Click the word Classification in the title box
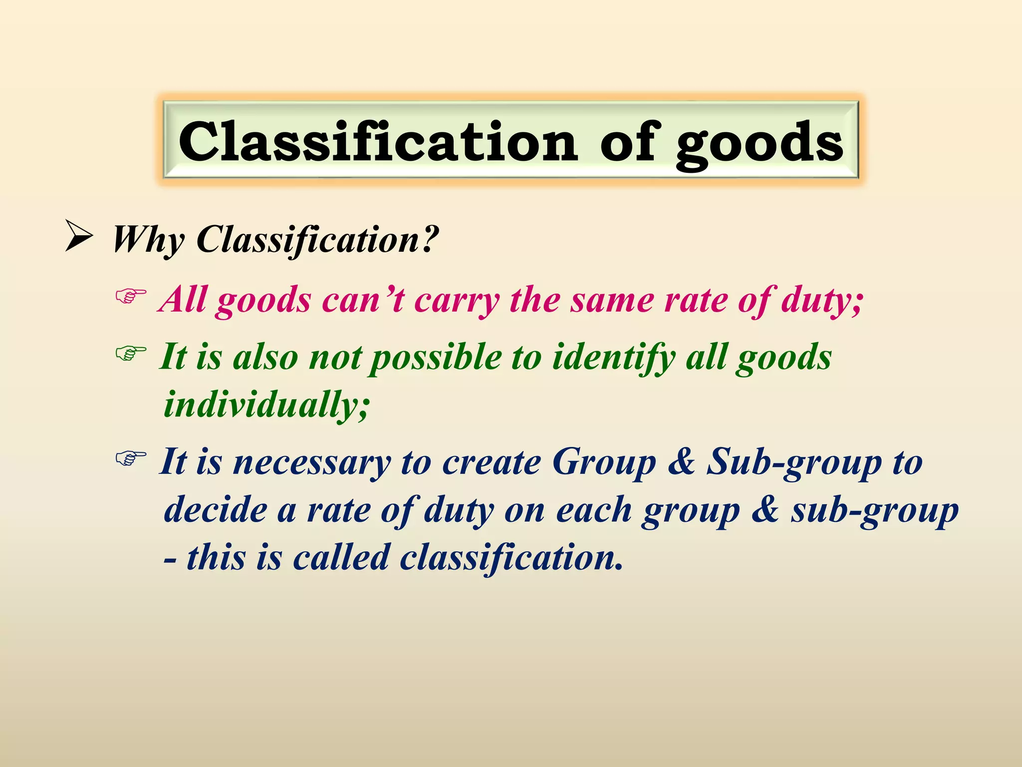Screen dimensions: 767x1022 (x=378, y=142)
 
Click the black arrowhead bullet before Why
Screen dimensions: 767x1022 (x=79, y=238)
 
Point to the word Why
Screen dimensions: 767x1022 (x=148, y=241)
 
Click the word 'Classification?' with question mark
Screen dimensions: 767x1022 (x=318, y=241)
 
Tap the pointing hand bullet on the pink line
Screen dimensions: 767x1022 (x=131, y=297)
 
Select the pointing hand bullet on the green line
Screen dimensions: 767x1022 (x=131, y=354)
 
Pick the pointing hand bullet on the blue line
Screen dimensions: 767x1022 (x=131, y=457)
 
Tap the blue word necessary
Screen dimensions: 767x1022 (x=312, y=463)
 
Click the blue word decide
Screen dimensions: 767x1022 (x=216, y=510)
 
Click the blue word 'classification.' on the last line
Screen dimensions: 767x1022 (x=511, y=558)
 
